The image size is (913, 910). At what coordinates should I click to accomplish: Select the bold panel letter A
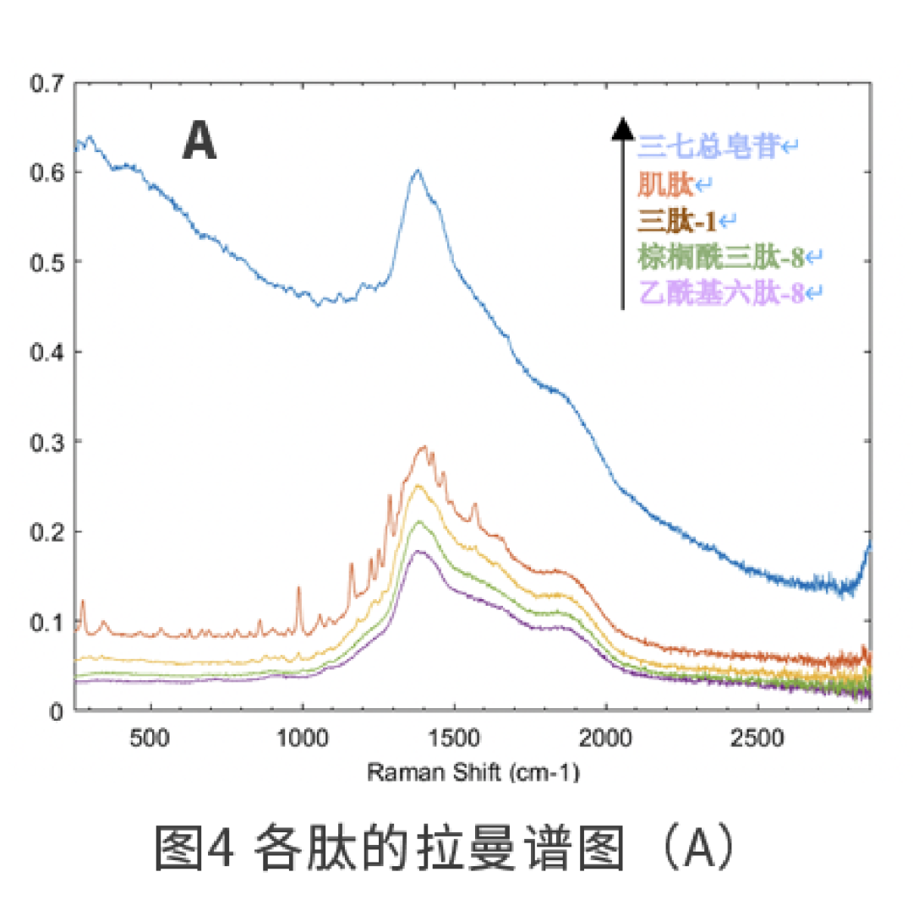(x=200, y=141)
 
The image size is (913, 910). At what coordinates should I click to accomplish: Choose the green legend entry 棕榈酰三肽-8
(x=721, y=256)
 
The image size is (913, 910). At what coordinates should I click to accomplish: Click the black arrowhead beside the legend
(x=622, y=128)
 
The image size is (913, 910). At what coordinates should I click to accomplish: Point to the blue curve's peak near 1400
(x=417, y=171)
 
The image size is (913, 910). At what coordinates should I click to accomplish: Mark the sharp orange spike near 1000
(x=298, y=588)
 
